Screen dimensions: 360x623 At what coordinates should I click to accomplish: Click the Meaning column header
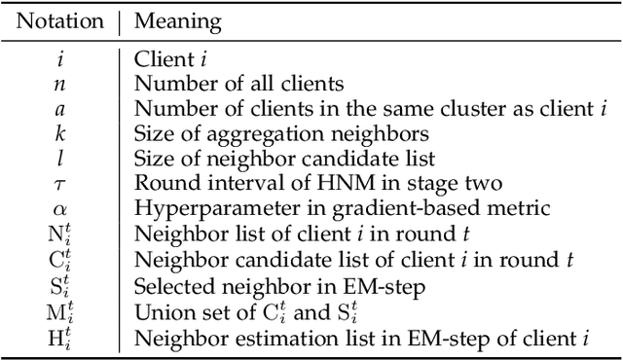click(178, 20)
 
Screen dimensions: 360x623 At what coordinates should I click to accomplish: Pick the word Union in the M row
click(159, 310)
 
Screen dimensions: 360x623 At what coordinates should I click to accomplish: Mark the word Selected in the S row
click(167, 283)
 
